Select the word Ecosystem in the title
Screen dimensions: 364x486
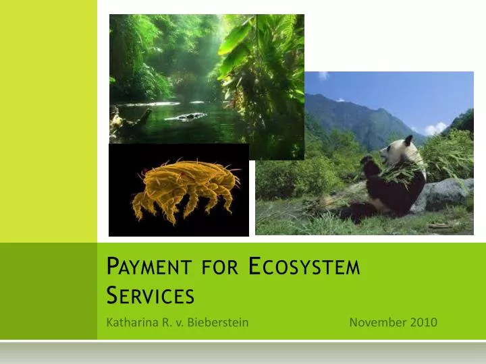pyautogui.click(x=304, y=268)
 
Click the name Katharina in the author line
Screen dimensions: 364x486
pyautogui.click(x=131, y=322)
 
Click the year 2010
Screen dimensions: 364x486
pyautogui.click(x=423, y=322)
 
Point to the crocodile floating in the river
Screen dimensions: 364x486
pyautogui.click(x=186, y=117)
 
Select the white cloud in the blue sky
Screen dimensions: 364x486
pyautogui.click(x=435, y=128)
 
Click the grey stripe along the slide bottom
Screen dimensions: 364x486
pyautogui.click(x=243, y=352)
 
